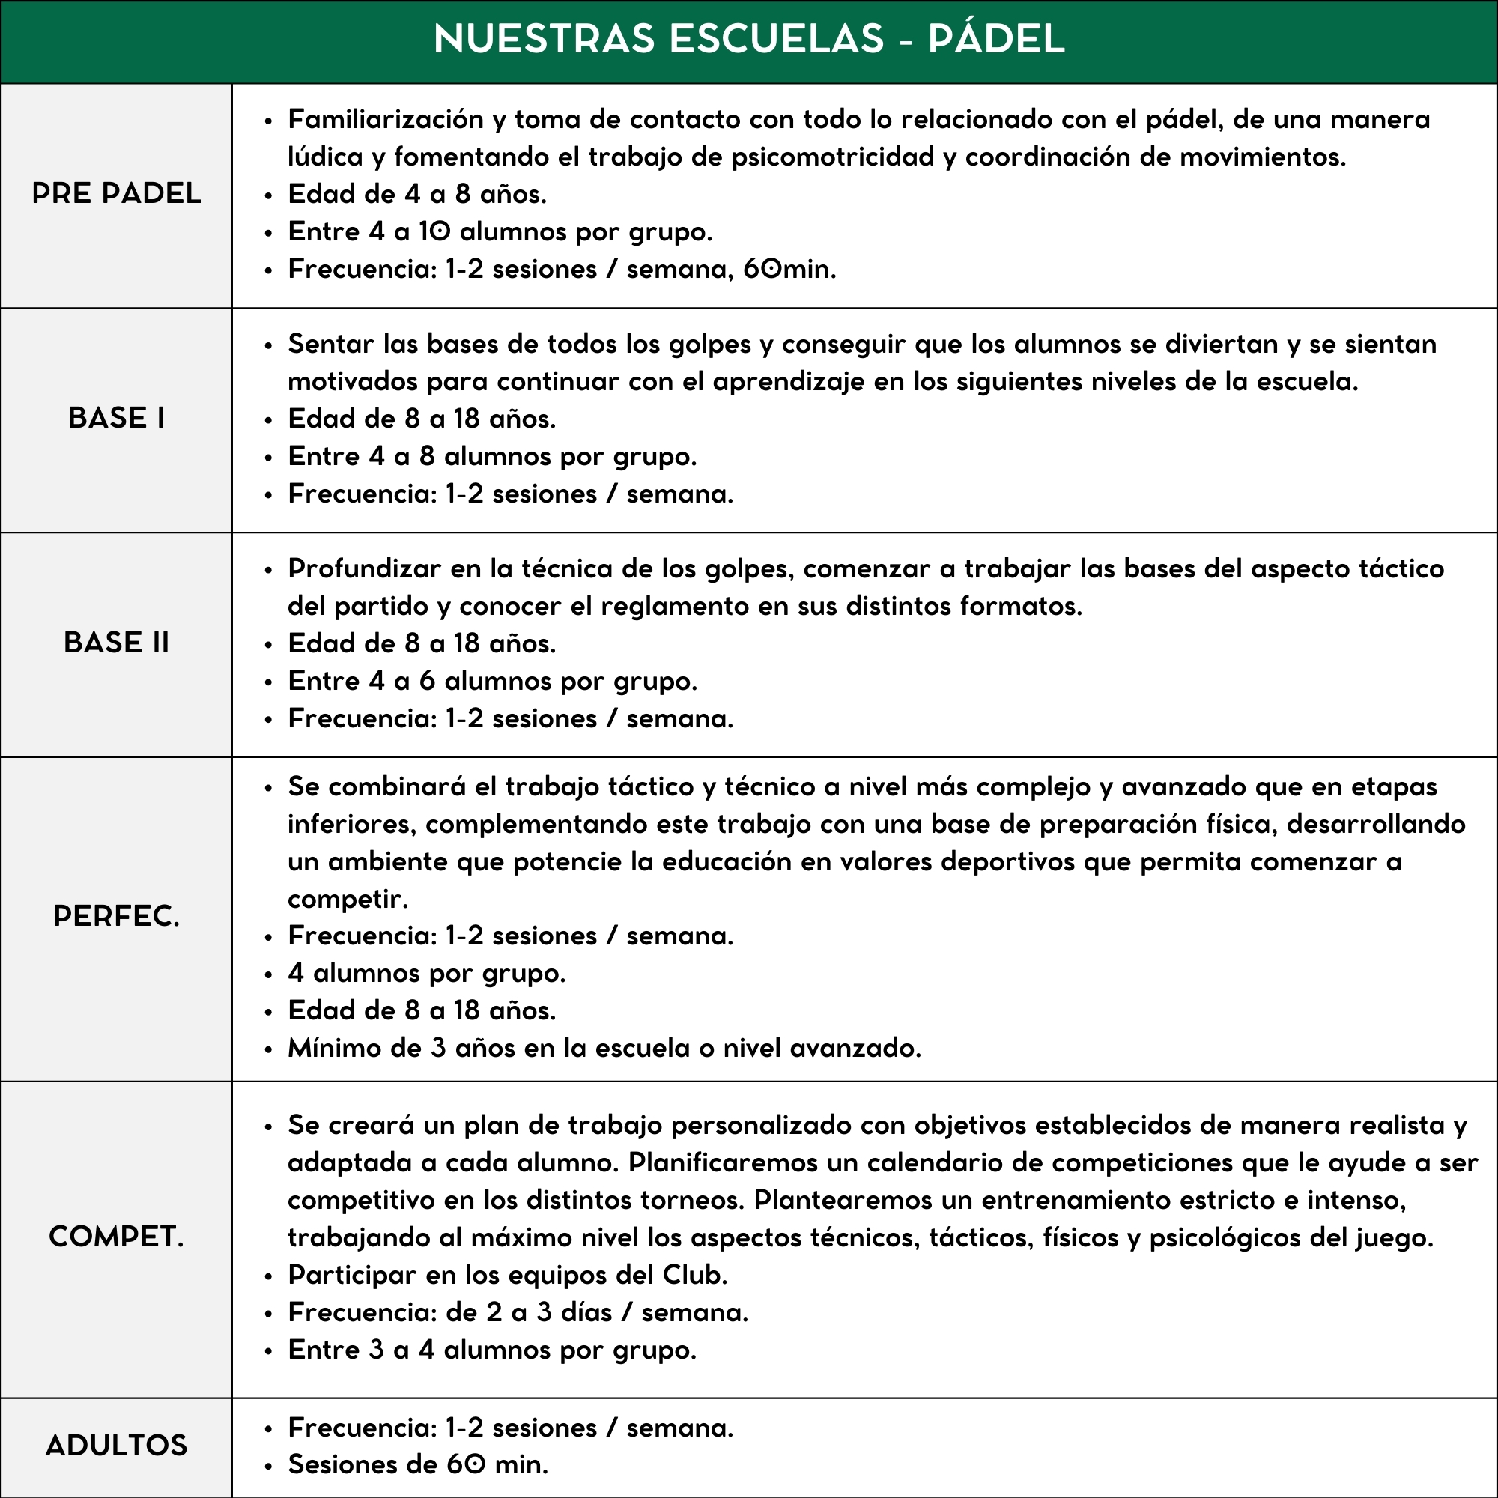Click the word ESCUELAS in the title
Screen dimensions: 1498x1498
tap(775, 39)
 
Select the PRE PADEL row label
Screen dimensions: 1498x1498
tap(116, 193)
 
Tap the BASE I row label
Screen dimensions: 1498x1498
tap(116, 418)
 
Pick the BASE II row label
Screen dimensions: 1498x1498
tap(116, 643)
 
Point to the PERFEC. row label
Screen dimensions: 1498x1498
tap(116, 917)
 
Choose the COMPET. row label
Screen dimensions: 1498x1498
tap(116, 1237)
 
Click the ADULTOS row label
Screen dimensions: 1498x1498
tap(116, 1446)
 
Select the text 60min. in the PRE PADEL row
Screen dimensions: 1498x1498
tap(789, 269)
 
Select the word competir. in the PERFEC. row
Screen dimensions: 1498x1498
tap(348, 900)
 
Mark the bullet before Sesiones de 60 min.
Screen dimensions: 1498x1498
tap(268, 1467)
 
